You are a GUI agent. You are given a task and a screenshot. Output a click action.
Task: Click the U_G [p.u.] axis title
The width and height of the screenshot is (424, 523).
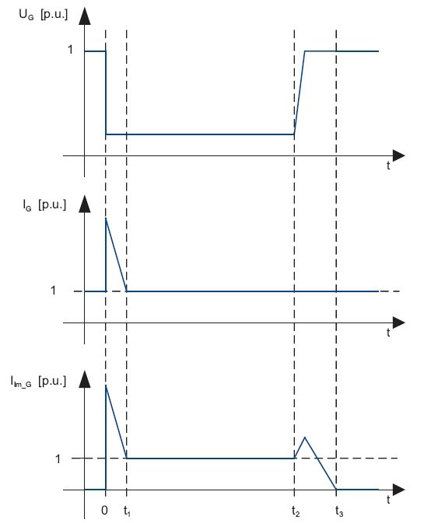click(x=43, y=15)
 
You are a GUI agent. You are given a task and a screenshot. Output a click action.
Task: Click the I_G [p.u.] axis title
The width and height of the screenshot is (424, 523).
click(x=44, y=205)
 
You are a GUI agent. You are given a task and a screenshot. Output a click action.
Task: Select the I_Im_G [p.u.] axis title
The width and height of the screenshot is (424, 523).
click(x=38, y=381)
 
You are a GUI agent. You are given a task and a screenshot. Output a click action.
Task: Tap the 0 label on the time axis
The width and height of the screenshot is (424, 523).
click(x=104, y=510)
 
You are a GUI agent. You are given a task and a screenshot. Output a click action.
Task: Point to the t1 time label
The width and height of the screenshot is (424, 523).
click(x=127, y=511)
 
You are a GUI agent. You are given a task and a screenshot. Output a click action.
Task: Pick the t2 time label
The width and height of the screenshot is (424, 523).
click(x=296, y=511)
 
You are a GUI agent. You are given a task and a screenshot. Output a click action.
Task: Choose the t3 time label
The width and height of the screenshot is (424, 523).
click(x=339, y=511)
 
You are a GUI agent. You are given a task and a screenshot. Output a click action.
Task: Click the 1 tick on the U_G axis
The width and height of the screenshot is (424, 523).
click(x=70, y=50)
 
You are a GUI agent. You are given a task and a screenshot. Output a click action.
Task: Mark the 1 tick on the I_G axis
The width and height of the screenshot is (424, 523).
click(x=53, y=291)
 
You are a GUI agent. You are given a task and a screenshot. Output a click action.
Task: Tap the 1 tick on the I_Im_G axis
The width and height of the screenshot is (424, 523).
click(x=58, y=459)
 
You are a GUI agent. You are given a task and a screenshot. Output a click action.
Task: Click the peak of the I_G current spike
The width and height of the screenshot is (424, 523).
click(x=106, y=218)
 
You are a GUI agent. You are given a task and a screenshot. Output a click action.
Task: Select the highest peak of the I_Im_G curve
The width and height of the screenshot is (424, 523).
click(x=106, y=385)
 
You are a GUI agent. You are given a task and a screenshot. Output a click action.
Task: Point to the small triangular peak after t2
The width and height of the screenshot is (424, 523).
click(x=305, y=437)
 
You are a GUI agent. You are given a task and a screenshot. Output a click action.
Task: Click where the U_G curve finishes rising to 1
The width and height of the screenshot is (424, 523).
click(x=305, y=51)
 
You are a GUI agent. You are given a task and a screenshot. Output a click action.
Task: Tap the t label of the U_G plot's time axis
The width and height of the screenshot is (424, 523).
click(x=388, y=166)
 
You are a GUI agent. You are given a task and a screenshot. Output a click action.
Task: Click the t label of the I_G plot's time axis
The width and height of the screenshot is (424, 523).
click(x=388, y=333)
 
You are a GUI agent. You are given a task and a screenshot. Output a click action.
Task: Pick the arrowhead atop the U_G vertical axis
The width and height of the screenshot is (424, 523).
click(x=85, y=16)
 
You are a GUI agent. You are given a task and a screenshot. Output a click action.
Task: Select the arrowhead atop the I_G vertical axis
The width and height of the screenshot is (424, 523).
click(x=85, y=204)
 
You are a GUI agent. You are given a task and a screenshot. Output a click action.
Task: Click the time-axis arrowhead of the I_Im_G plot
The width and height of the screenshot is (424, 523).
click(x=399, y=490)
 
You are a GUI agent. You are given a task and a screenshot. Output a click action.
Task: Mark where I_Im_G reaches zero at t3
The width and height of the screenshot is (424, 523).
click(x=336, y=490)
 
